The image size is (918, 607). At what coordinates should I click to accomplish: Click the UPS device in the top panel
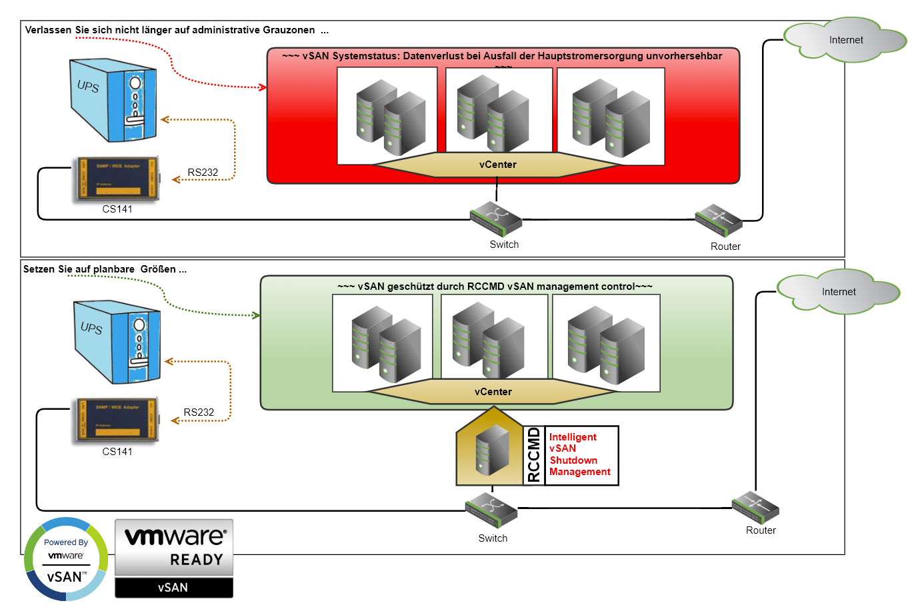pyautogui.click(x=113, y=100)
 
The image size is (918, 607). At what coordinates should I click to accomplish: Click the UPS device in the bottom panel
pyautogui.click(x=117, y=342)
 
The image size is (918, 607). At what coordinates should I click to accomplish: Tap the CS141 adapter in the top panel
pyautogui.click(x=117, y=179)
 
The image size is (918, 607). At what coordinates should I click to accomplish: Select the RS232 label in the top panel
pyautogui.click(x=203, y=173)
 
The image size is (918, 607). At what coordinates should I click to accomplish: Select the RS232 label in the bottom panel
pyautogui.click(x=199, y=412)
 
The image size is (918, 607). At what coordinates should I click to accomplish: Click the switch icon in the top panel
pyautogui.click(x=496, y=219)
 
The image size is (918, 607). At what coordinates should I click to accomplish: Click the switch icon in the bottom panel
pyautogui.click(x=491, y=510)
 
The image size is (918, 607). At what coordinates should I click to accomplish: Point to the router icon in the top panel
pyautogui.click(x=719, y=220)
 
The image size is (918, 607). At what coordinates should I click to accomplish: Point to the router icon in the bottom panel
pyautogui.click(x=755, y=507)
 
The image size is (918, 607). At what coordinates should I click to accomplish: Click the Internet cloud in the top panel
pyautogui.click(x=845, y=40)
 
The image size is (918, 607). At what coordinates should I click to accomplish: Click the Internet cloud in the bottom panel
pyautogui.click(x=838, y=292)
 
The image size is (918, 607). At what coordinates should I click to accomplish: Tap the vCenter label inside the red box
pyautogui.click(x=497, y=165)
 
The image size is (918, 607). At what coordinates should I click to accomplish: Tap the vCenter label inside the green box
pyautogui.click(x=493, y=392)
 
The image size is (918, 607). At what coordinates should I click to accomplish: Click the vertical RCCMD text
pyautogui.click(x=533, y=455)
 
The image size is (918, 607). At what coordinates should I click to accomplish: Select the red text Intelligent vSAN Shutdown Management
pyautogui.click(x=580, y=454)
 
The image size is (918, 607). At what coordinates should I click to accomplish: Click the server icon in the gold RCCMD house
pyautogui.click(x=492, y=450)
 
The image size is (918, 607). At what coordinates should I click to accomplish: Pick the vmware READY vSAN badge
pyautogui.click(x=174, y=558)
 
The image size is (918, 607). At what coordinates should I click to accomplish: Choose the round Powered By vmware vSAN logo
pyautogui.click(x=66, y=559)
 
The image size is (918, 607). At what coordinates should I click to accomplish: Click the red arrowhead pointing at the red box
pyautogui.click(x=263, y=87)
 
